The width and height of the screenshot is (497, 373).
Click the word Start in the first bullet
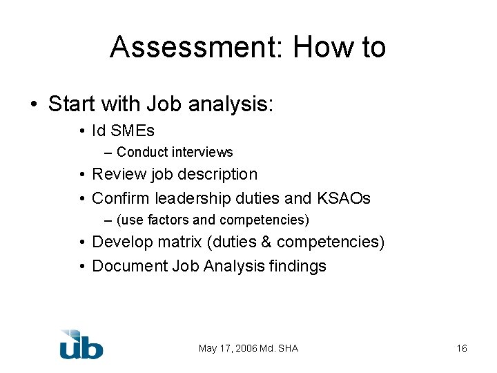[x=72, y=104]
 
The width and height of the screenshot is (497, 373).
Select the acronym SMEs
[x=133, y=131]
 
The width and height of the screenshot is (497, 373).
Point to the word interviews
[x=202, y=152]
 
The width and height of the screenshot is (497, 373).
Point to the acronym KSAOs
[x=344, y=198]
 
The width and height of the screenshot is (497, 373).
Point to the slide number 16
[x=462, y=348]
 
